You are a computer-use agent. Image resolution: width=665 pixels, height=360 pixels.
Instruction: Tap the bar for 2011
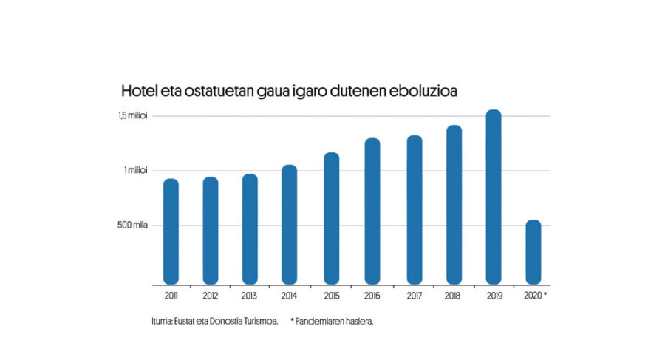click(x=171, y=231)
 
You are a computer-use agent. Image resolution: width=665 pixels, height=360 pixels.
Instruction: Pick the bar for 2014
click(x=289, y=224)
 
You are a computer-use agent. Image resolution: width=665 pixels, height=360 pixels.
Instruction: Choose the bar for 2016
click(x=372, y=211)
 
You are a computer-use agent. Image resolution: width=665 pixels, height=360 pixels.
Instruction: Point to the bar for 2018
click(x=454, y=204)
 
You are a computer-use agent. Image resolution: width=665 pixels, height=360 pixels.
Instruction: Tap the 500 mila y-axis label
click(x=132, y=225)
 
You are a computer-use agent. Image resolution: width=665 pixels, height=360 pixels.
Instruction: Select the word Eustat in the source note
click(x=186, y=322)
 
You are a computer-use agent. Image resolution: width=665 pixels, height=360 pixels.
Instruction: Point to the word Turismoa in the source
click(x=259, y=322)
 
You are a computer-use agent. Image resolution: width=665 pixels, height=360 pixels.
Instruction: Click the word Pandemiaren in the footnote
click(x=321, y=322)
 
